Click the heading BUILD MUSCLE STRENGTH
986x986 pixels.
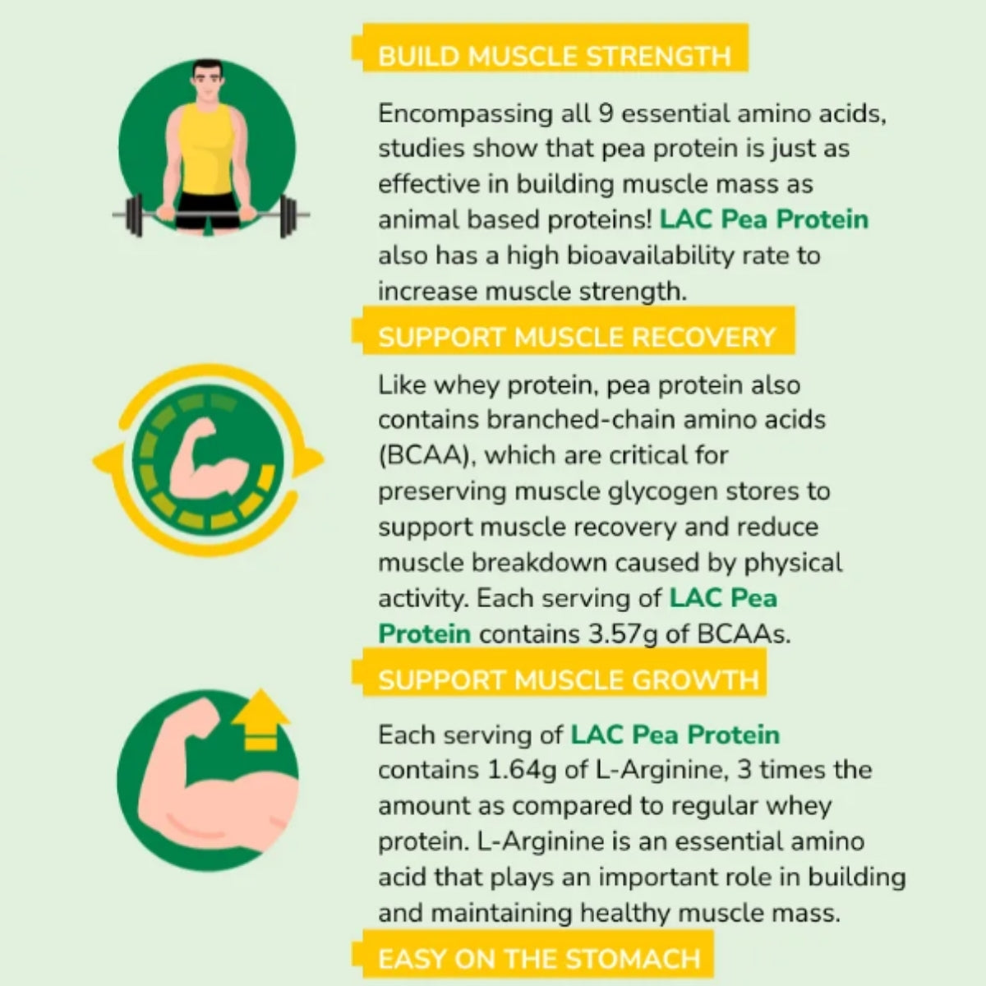coord(554,56)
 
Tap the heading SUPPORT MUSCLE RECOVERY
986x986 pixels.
coord(576,337)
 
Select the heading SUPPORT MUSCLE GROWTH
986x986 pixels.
coord(568,680)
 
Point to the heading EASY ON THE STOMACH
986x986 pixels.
coord(539,958)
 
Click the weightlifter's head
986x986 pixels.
coord(208,83)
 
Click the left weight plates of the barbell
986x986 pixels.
coord(134,215)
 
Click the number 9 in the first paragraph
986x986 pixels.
coord(607,113)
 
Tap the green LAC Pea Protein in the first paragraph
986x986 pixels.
coord(763,220)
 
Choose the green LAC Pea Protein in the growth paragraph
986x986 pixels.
coord(675,735)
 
